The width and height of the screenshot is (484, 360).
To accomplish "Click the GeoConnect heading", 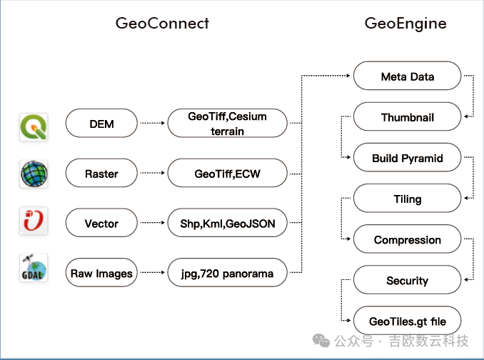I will coord(162,23).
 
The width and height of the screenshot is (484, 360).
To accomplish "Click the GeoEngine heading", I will coord(405,23).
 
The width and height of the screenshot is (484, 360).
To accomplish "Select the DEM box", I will coord(101,124).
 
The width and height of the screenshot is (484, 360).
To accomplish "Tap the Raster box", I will coord(101,174).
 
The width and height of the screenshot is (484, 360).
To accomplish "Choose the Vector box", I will coord(101,224).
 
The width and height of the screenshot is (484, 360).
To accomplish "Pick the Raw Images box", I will coord(101,273).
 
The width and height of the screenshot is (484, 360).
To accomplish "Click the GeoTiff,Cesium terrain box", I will coord(226,124).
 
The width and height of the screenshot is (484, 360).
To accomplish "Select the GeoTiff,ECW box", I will coord(226,174).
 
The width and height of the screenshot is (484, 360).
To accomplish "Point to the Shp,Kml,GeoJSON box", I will coord(226,224).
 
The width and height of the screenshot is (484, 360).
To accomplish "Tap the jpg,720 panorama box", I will coord(226,273).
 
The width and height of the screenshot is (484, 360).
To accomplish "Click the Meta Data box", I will coord(407,76).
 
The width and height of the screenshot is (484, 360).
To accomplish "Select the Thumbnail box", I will coord(407,117).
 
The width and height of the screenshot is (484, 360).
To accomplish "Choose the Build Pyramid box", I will coord(407,158).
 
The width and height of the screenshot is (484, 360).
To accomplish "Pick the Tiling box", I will coord(407,199).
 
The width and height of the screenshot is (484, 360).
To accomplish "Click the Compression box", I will coord(407,240).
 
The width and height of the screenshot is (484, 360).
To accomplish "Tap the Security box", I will coord(407,281).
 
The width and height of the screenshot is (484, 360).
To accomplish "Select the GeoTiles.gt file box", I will coord(407,321).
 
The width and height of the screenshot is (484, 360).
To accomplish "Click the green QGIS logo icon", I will coord(34,125).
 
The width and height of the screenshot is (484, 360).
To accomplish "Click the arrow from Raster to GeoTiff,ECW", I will coord(152,174).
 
